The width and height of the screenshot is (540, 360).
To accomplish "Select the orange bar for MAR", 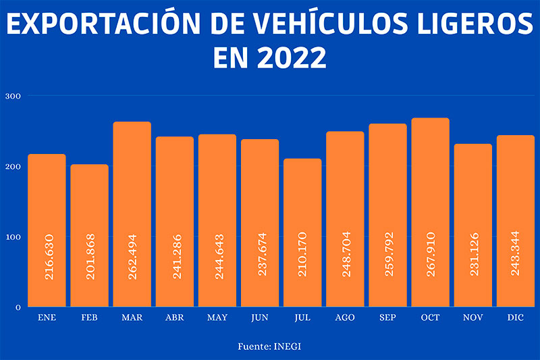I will tap(132, 214).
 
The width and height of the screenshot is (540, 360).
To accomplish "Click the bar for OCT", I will tap(430, 212).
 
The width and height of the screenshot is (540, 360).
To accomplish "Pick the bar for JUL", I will tap(302, 232).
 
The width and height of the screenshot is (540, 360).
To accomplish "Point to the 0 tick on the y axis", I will tap(18, 307).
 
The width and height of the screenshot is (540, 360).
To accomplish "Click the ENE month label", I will tap(47, 316).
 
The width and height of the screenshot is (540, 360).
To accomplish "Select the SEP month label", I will tap(387, 316).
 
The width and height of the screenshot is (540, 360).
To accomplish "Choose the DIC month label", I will tap(516, 316).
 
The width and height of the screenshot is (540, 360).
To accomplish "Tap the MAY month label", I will tap(217, 316).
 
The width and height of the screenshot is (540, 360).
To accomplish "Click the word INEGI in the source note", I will tap(288, 346).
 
